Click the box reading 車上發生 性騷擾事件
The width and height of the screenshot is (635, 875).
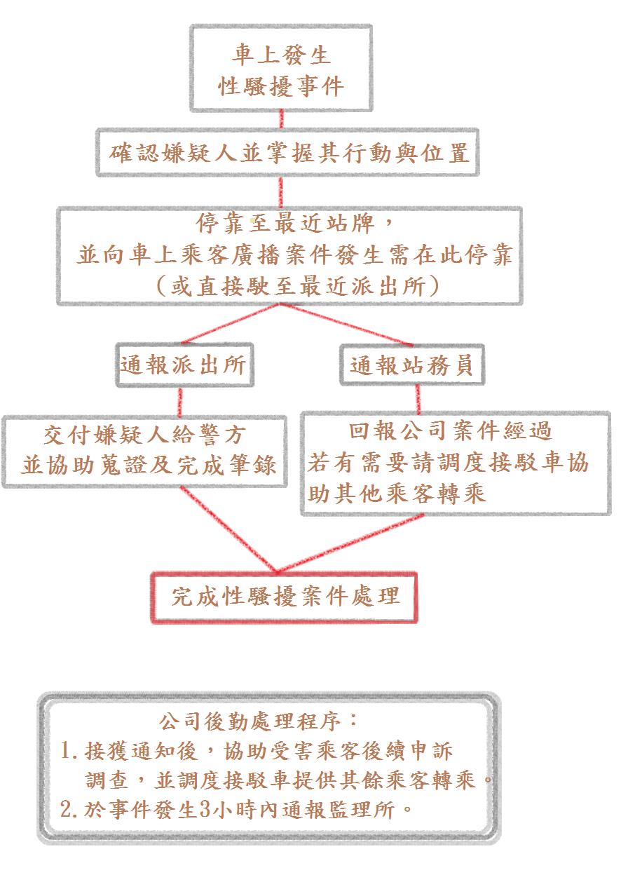281,69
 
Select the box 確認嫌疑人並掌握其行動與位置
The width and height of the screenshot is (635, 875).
288,152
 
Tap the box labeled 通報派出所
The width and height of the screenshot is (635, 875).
185,365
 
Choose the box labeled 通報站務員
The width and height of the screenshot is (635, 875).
412,365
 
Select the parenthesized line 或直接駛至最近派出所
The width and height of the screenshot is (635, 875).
298,286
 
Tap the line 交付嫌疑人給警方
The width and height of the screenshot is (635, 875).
144,435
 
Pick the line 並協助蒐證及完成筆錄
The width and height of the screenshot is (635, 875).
149,465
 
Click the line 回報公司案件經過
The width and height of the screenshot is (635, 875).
450,431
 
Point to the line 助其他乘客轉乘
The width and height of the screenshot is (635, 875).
397,494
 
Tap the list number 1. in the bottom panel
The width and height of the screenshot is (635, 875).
69,751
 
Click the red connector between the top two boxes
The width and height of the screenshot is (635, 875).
281,120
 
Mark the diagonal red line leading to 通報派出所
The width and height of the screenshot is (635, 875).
231,324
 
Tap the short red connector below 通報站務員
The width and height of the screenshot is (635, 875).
418,399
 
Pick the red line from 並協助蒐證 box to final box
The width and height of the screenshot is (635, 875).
228,529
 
